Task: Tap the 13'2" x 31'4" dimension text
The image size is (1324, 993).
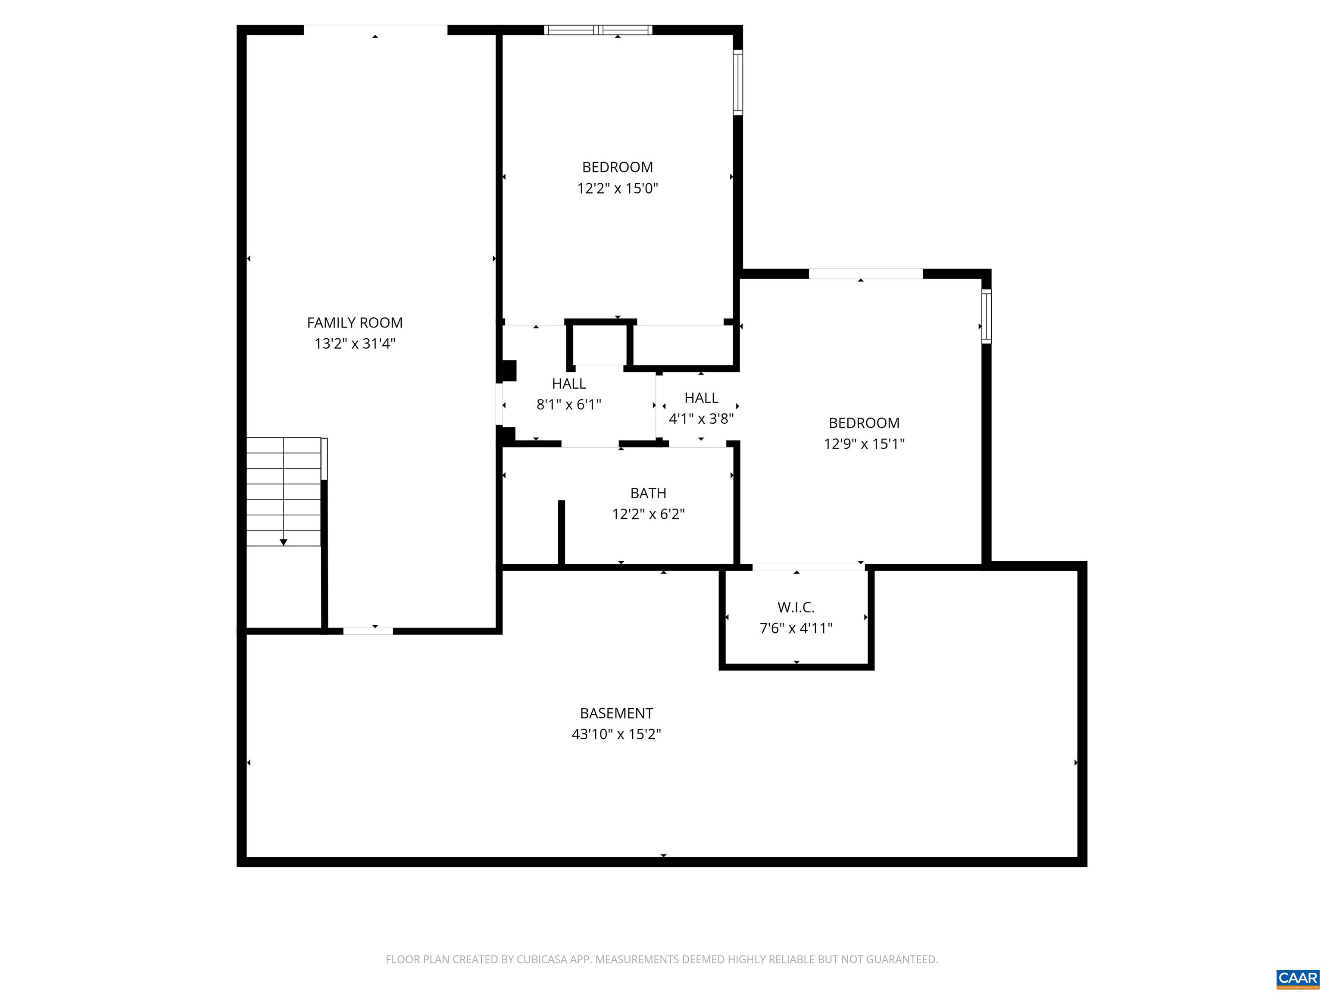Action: pyautogui.click(x=355, y=343)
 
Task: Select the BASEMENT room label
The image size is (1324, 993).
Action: pyautogui.click(x=616, y=713)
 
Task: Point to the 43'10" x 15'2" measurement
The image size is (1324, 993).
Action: pyautogui.click(x=616, y=734)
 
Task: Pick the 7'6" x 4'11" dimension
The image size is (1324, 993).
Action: pyautogui.click(x=796, y=628)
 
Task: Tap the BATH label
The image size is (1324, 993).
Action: pyautogui.click(x=648, y=493)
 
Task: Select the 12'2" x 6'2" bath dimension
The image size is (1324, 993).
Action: pyautogui.click(x=648, y=514)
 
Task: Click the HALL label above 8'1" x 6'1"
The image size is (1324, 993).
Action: pyautogui.click(x=568, y=383)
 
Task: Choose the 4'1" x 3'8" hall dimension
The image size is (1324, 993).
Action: pyautogui.click(x=701, y=418)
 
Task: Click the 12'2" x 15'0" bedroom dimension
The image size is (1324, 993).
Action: pyautogui.click(x=617, y=188)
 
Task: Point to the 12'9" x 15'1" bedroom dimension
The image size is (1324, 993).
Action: pyautogui.click(x=864, y=443)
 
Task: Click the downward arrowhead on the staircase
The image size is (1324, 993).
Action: pyautogui.click(x=284, y=542)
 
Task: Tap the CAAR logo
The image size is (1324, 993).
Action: pyautogui.click(x=1298, y=978)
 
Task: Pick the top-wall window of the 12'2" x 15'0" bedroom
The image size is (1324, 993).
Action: pyautogui.click(x=598, y=30)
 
